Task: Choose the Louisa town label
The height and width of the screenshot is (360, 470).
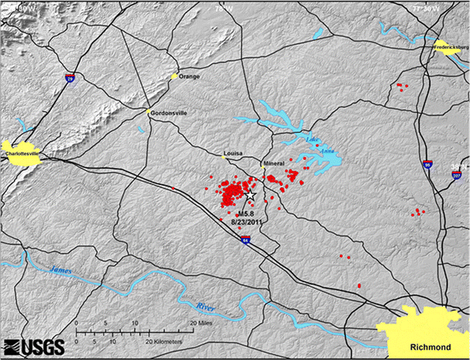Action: (x=235, y=154)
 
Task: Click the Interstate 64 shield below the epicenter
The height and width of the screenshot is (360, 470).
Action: (x=245, y=241)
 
